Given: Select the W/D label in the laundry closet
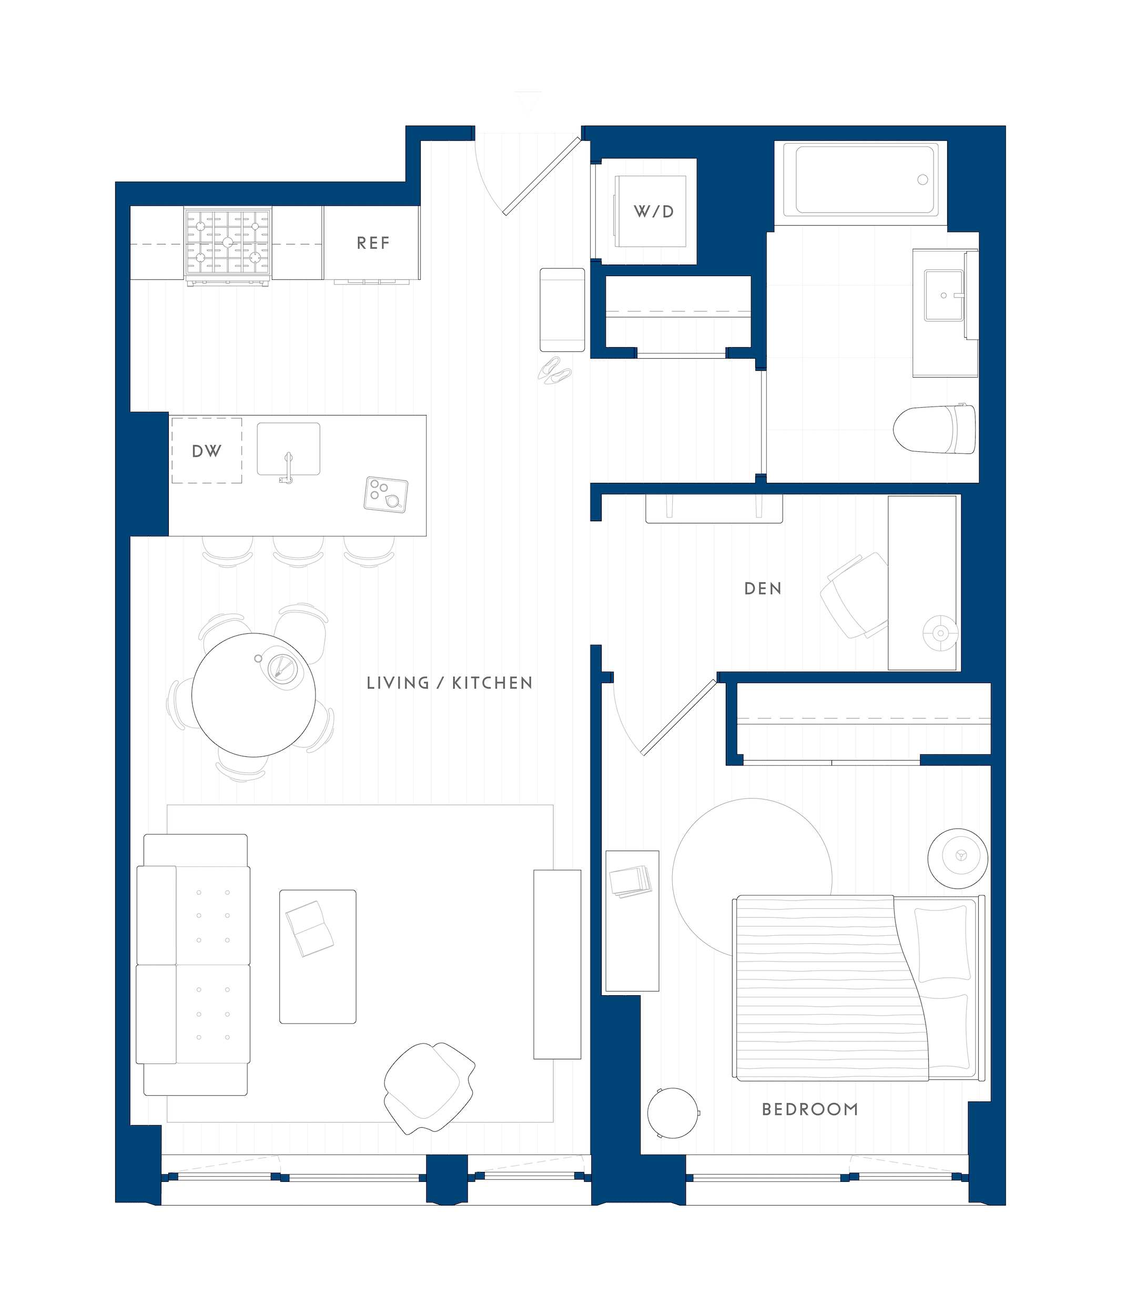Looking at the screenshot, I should click(653, 212).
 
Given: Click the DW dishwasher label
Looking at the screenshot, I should click(206, 451).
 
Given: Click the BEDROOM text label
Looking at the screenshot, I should click(810, 1109).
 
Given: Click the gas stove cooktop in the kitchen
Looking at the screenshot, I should click(228, 242).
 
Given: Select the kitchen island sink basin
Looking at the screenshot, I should click(288, 449).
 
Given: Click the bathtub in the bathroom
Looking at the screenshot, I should click(860, 179).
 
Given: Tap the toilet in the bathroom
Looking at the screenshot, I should click(934, 430).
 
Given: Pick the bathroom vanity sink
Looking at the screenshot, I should click(944, 295).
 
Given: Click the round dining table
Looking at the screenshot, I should click(253, 695).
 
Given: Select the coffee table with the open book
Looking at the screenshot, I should click(317, 956).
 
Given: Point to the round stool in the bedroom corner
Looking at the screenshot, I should click(673, 1112).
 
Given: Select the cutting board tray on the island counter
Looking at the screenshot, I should click(386, 494).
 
